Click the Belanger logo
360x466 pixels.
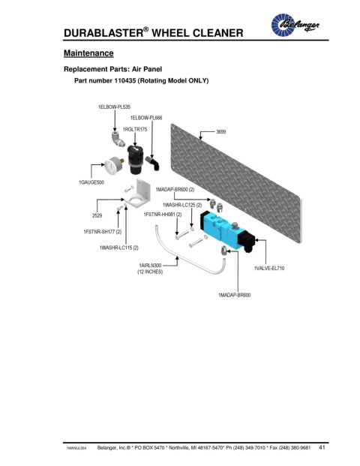(x=295, y=25)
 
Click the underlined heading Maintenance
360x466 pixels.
(x=88, y=53)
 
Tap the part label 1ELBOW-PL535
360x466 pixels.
(x=114, y=107)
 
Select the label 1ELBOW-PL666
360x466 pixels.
(x=146, y=118)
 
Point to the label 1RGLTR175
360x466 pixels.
(x=135, y=130)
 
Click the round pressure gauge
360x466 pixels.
(x=112, y=166)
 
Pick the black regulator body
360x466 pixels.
(x=135, y=159)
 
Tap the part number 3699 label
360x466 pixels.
(x=220, y=131)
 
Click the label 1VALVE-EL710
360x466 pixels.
(x=269, y=269)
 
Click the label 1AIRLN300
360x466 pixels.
(x=150, y=266)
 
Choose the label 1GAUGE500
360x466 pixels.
(x=91, y=182)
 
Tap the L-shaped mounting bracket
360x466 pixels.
(x=137, y=194)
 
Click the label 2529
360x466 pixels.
(x=97, y=216)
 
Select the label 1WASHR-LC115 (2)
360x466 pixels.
(x=118, y=248)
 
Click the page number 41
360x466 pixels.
(x=322, y=447)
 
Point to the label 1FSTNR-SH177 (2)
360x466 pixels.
(x=103, y=232)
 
